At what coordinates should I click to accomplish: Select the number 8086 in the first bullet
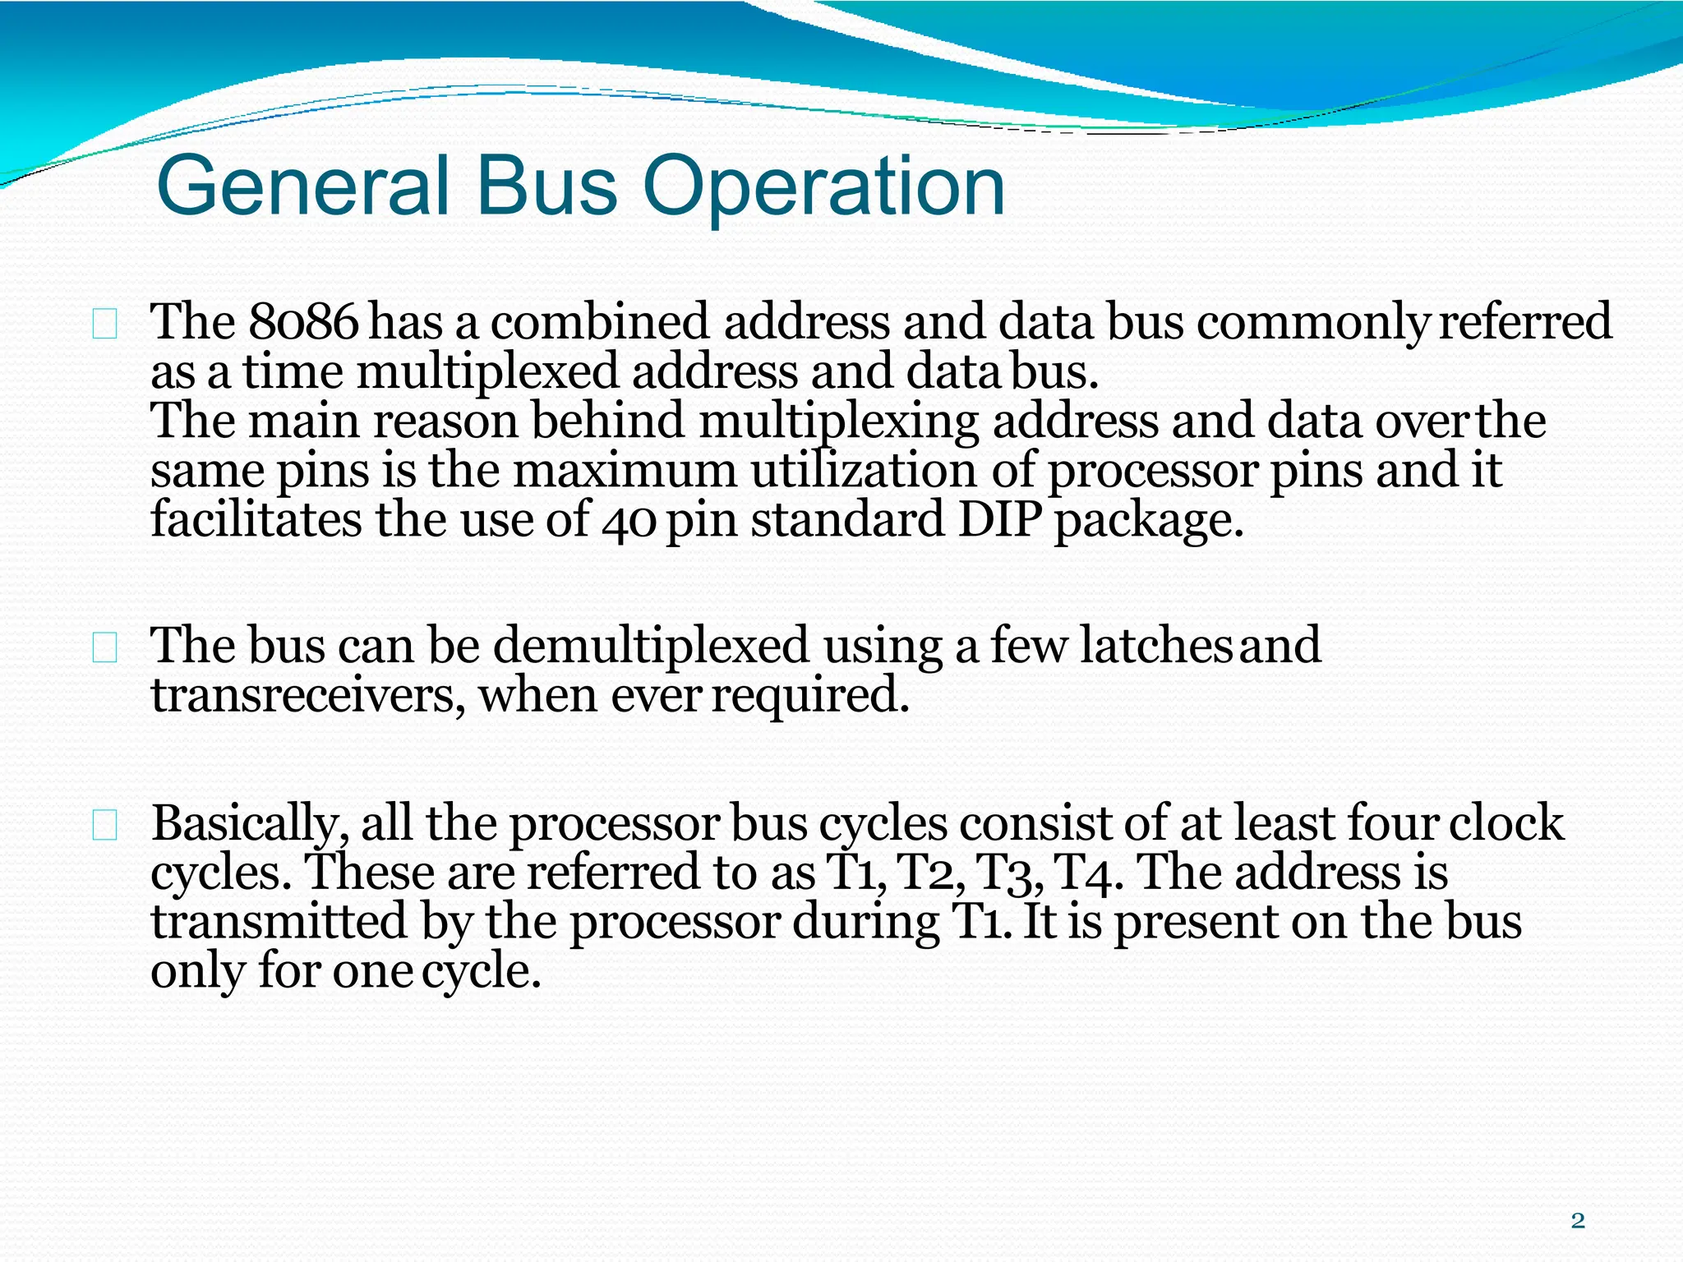click(x=303, y=321)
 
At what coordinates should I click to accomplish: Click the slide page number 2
click(x=1577, y=1220)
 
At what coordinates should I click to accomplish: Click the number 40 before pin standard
click(x=628, y=521)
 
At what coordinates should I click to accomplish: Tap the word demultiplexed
click(x=651, y=645)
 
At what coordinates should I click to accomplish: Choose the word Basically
click(x=245, y=823)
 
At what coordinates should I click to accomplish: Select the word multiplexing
click(x=839, y=421)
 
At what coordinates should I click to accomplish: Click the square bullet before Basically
click(x=105, y=825)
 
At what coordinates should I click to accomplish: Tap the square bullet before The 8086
click(x=105, y=325)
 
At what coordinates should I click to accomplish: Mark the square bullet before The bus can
click(x=105, y=648)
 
